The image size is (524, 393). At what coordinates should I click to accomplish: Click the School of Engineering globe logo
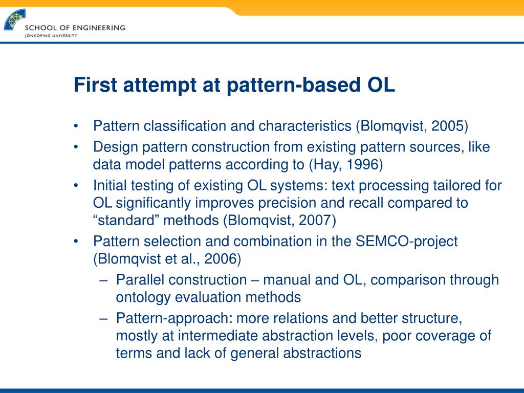pos(14,20)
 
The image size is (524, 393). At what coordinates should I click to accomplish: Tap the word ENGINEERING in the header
pos(99,28)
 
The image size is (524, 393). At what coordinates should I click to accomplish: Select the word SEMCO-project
pos(406,242)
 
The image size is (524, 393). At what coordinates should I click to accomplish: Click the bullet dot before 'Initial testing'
pos(76,185)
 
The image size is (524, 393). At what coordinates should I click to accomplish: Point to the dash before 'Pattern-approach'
pos(103,319)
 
